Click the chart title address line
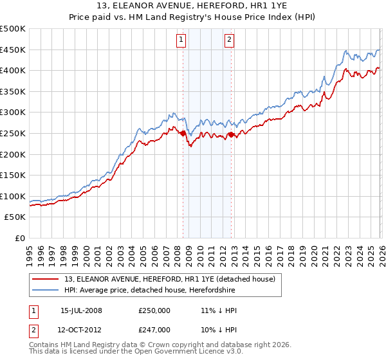[193, 6]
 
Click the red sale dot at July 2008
[183, 133]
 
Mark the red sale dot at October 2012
[231, 134]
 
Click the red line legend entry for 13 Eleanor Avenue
[170, 278]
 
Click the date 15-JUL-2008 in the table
[81, 310]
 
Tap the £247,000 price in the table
[154, 329]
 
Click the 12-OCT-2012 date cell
[81, 329]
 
